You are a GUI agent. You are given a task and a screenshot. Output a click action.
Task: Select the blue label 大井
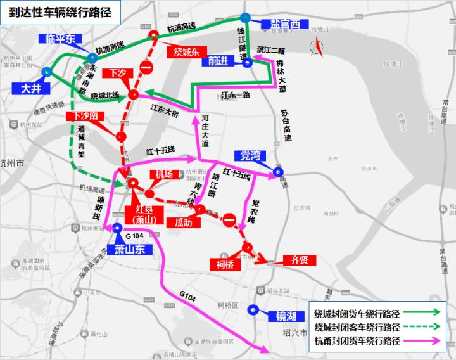tap(31, 88)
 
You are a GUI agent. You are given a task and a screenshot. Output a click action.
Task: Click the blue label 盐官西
tap(284, 25)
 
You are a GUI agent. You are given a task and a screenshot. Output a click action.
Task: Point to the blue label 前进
tap(217, 61)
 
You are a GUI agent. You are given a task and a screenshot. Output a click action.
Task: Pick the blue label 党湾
tap(251, 155)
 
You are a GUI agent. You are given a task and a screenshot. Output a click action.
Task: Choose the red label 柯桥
tap(225, 264)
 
